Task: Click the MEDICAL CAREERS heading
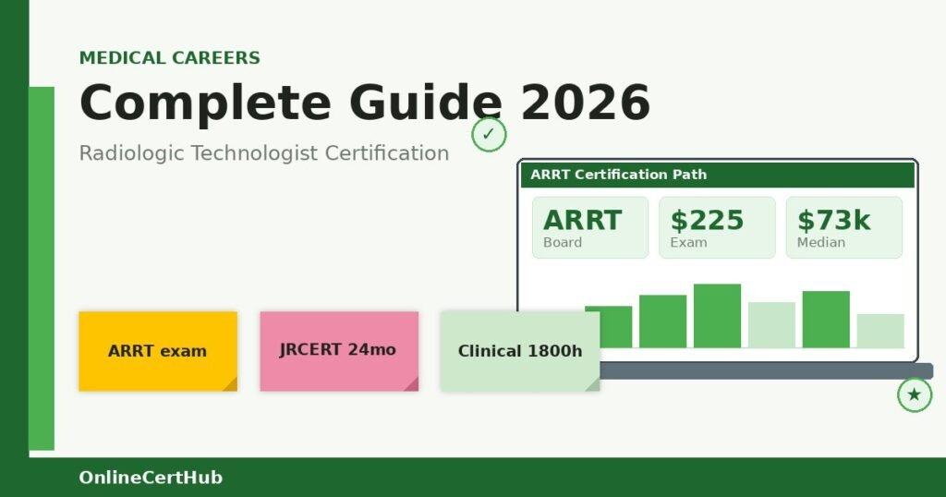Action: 169,58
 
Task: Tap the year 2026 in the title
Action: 586,103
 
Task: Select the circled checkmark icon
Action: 489,135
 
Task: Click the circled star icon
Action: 914,395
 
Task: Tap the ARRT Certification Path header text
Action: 618,175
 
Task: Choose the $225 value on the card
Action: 707,220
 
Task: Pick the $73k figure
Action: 833,220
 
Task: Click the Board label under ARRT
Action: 563,242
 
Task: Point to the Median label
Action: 820,242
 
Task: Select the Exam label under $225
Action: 688,242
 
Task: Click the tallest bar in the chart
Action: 717,315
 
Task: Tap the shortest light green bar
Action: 879,331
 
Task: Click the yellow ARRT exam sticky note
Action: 157,351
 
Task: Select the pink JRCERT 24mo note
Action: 338,350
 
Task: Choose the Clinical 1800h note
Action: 519,351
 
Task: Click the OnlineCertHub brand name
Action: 151,478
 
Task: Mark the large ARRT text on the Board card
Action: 582,220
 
